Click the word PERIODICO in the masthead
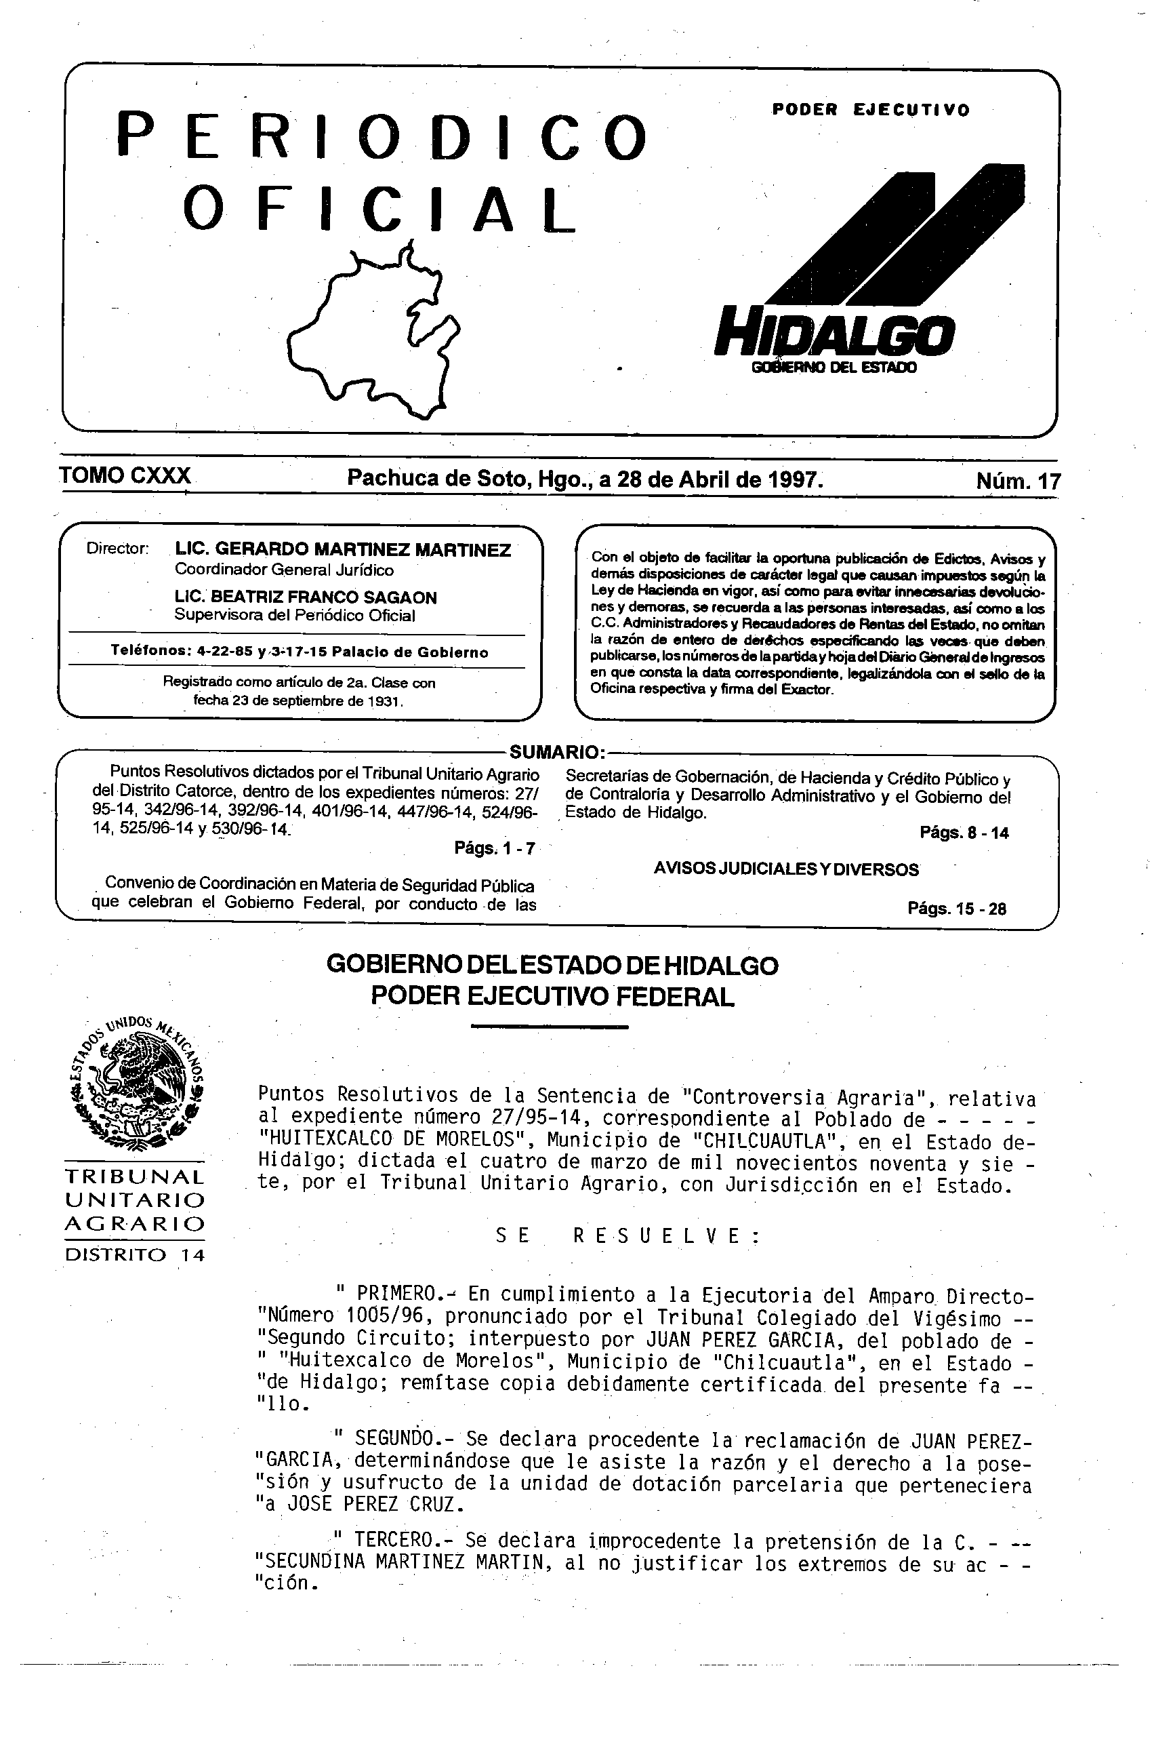382,136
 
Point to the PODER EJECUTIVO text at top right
870,111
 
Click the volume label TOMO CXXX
125,475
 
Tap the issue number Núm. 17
1018,481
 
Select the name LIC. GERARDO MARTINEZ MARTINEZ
343,550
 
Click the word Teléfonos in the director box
149,652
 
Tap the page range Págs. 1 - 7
494,848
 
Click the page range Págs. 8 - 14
963,833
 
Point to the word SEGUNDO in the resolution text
394,1440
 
